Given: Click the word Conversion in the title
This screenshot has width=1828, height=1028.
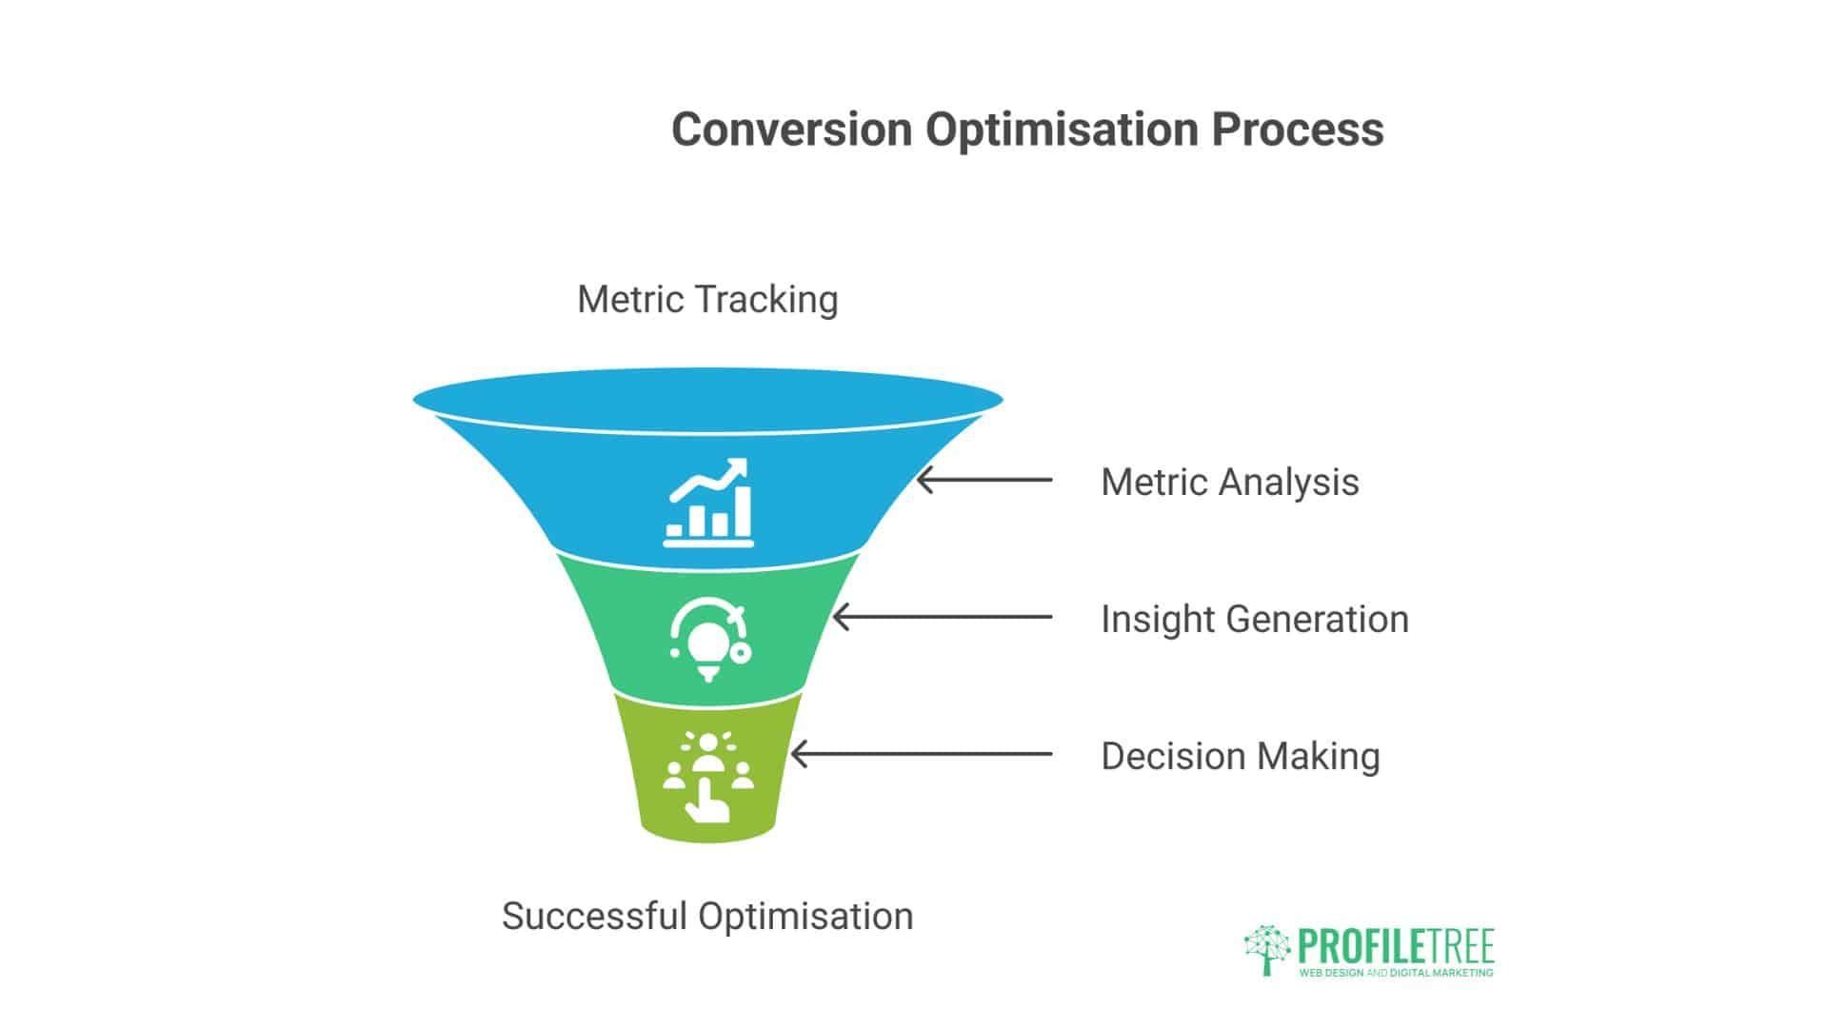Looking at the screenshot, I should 791,129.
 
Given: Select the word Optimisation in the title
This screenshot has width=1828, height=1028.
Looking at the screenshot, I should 1061,129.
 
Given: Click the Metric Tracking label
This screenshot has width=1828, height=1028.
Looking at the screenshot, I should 707,299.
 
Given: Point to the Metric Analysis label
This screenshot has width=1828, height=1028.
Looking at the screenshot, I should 1229,482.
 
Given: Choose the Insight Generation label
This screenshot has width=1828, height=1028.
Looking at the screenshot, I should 1254,619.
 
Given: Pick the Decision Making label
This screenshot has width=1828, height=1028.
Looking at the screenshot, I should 1240,756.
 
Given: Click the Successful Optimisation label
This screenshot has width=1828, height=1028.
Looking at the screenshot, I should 707,916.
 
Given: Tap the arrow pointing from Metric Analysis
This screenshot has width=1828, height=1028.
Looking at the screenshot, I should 984,480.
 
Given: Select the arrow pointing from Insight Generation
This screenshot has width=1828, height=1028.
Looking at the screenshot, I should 943,617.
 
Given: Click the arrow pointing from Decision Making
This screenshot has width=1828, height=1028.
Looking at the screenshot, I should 922,754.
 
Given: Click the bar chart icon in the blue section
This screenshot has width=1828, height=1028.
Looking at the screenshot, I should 708,504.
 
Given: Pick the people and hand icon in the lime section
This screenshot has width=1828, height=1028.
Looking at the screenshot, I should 708,777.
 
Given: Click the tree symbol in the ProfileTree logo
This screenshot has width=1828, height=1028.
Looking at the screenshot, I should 1267,948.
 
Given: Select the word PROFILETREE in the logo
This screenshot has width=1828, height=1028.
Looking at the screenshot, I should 1396,946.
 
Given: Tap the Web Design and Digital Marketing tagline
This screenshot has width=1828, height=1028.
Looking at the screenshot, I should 1396,973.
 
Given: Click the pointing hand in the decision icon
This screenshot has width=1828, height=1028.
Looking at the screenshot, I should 706,802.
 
